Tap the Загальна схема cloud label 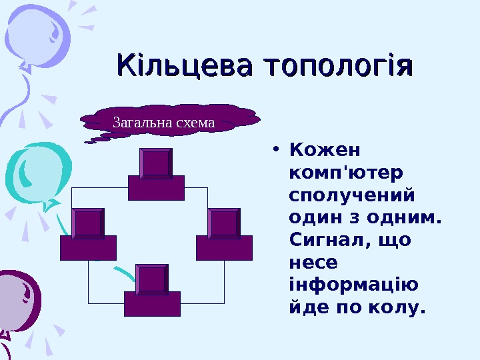tap(164, 123)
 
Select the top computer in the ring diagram tap(156, 175)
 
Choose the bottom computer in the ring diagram tap(152, 291)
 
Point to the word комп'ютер tap(346, 173)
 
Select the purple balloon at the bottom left tap(17, 300)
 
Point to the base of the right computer tap(224, 247)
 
